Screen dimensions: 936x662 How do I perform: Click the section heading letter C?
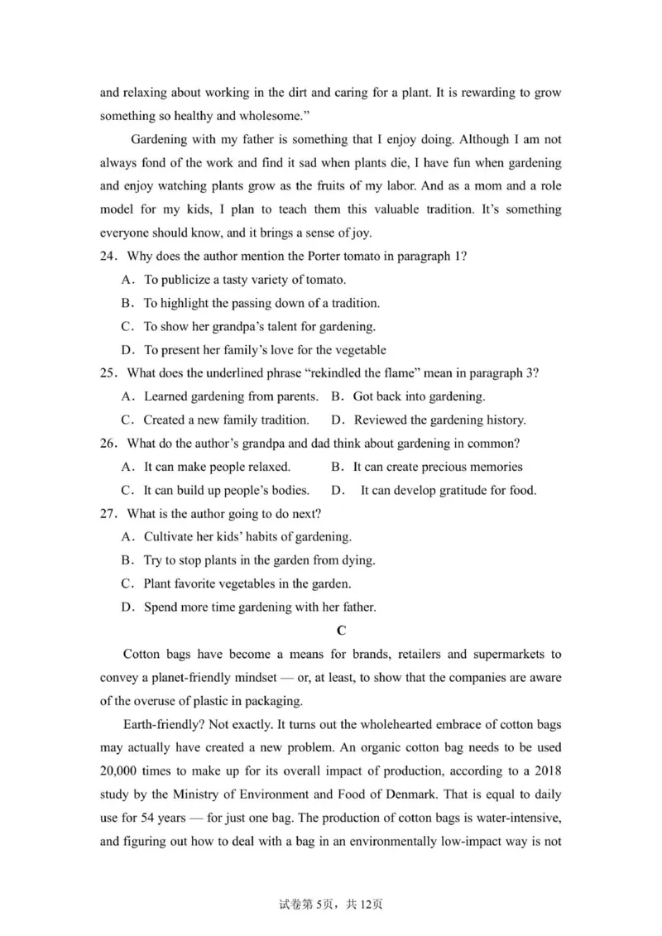click(340, 631)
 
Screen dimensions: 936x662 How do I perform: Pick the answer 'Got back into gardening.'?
click(419, 396)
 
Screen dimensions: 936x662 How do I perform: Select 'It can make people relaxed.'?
click(217, 467)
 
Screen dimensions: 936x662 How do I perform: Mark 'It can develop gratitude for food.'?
click(448, 490)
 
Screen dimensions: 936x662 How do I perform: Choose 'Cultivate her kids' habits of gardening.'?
click(247, 536)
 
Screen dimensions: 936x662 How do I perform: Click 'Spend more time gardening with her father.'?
click(260, 607)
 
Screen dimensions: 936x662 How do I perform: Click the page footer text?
click(331, 904)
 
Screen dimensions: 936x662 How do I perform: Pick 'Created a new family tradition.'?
click(226, 420)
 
